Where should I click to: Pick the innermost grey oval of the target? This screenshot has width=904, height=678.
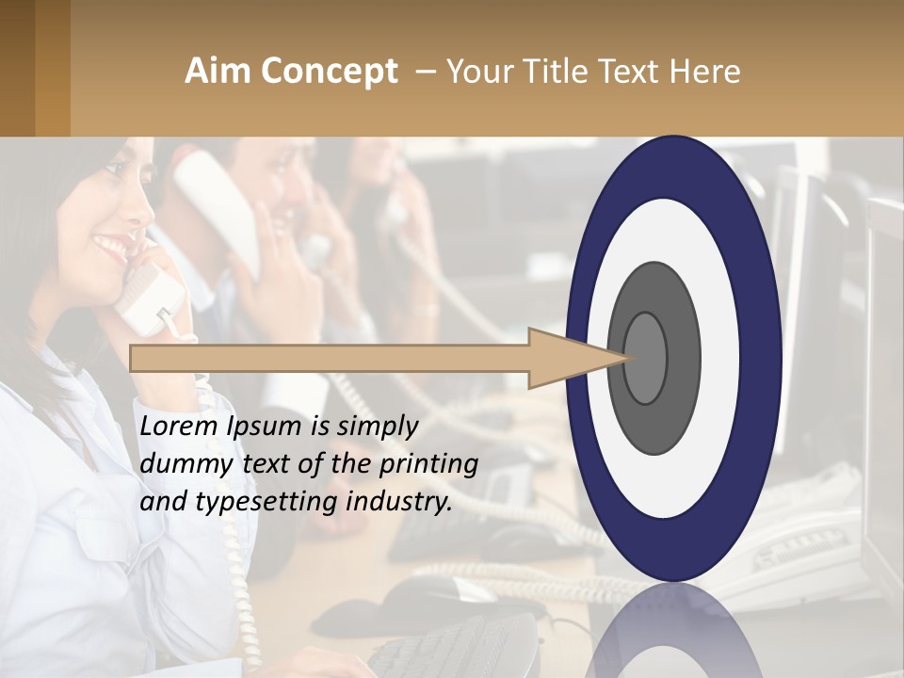pos(645,358)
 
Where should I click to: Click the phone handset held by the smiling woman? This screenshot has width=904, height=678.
pos(148,299)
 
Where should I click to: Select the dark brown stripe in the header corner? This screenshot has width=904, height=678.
pos(17,68)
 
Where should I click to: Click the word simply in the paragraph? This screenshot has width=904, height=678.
pos(378,427)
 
